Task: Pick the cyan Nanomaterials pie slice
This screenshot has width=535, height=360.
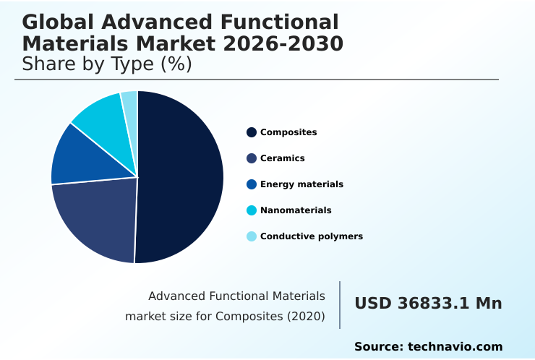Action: pyautogui.click(x=101, y=116)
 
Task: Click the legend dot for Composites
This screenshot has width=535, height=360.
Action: pyautogui.click(x=252, y=132)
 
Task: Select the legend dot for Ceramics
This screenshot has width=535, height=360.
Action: pyautogui.click(x=252, y=158)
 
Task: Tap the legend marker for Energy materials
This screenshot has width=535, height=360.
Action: pyautogui.click(x=252, y=184)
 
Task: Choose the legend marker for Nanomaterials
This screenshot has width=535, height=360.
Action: pyautogui.click(x=252, y=210)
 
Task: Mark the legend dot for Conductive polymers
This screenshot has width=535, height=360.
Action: pyautogui.click(x=252, y=236)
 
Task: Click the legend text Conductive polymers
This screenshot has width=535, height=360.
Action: pyautogui.click(x=312, y=236)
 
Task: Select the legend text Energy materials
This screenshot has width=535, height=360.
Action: pyautogui.click(x=301, y=184)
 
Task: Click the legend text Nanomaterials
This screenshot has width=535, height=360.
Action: pyautogui.click(x=296, y=210)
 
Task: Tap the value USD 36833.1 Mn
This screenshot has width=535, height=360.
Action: pyautogui.click(x=428, y=304)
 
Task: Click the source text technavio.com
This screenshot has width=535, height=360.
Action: pyautogui.click(x=455, y=347)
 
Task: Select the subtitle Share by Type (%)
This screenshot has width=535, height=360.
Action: pyautogui.click(x=107, y=64)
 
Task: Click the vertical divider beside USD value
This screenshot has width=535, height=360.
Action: pyautogui.click(x=340, y=305)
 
